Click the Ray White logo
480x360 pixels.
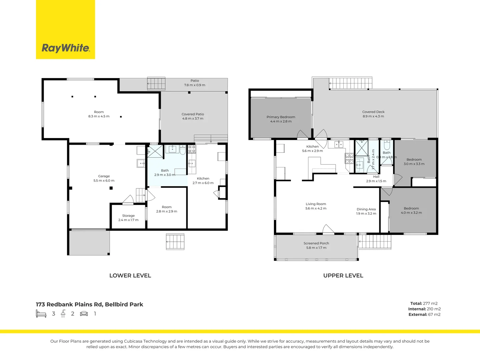(66, 48)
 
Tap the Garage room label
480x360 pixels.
(104, 176)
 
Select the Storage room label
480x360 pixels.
(128, 216)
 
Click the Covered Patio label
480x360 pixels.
(193, 114)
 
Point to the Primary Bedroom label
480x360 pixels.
(281, 117)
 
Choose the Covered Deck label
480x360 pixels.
(373, 112)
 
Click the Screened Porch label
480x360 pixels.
(316, 243)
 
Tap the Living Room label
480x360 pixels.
(316, 204)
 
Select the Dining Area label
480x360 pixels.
(366, 209)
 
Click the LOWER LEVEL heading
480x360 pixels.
(130, 276)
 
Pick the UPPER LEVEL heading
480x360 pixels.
(343, 276)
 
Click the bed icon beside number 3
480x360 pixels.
(41, 314)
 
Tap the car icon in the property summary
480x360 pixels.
(84, 314)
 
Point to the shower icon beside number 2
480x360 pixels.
(63, 314)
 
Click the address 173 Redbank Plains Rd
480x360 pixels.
(89, 304)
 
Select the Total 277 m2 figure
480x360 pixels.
(424, 303)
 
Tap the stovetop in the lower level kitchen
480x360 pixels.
(192, 149)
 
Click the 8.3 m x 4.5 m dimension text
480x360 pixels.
(99, 116)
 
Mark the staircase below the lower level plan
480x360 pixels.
(175, 242)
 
